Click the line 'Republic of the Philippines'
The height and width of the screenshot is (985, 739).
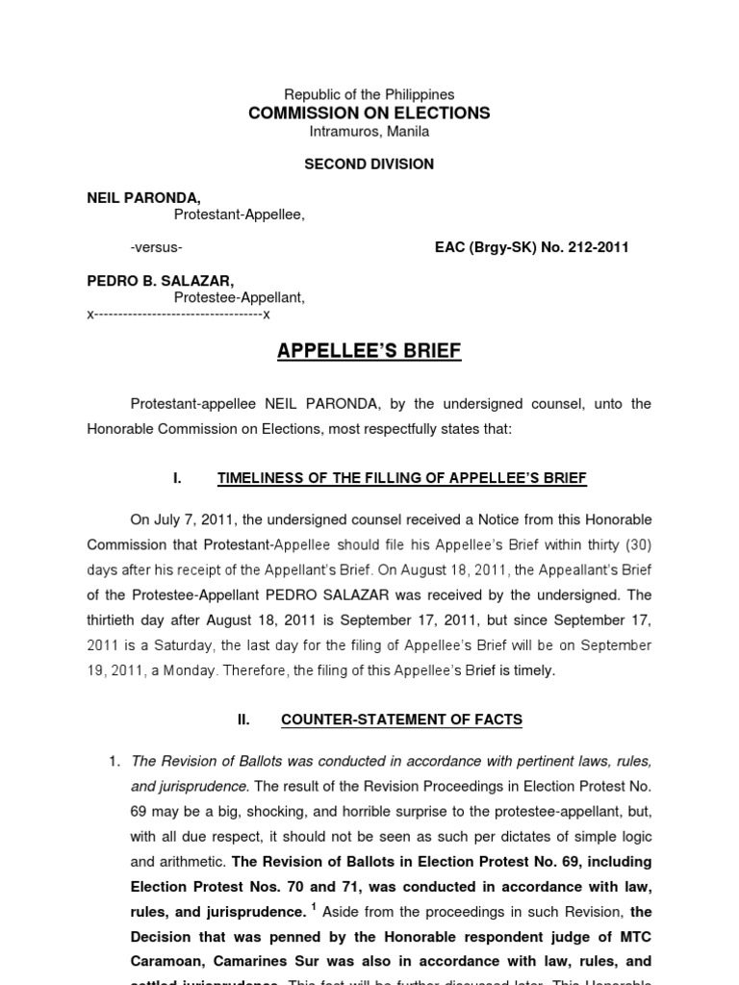pos(369,94)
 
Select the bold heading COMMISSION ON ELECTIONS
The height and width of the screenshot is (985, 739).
pos(369,113)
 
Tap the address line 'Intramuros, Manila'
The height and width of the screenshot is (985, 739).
pos(369,131)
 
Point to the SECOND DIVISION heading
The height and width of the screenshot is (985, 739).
pos(369,164)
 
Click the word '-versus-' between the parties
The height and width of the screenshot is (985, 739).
pos(156,247)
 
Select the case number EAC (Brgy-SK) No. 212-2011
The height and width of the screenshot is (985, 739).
pos(532,247)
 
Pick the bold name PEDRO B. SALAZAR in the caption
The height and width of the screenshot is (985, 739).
pos(160,281)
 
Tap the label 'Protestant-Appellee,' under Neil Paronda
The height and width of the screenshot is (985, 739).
pos(240,215)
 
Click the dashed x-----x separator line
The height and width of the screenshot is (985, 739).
pos(179,315)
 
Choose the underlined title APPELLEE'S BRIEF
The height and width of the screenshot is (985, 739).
pos(369,351)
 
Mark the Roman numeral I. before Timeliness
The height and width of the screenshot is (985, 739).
pos(177,478)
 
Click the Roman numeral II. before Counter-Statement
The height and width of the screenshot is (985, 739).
pos(243,719)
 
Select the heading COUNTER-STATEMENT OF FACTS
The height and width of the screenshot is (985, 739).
pos(401,719)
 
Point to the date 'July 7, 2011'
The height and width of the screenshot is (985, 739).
pos(196,520)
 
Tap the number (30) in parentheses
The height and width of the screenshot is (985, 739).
pos(637,545)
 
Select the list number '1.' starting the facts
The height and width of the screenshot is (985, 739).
pos(115,761)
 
